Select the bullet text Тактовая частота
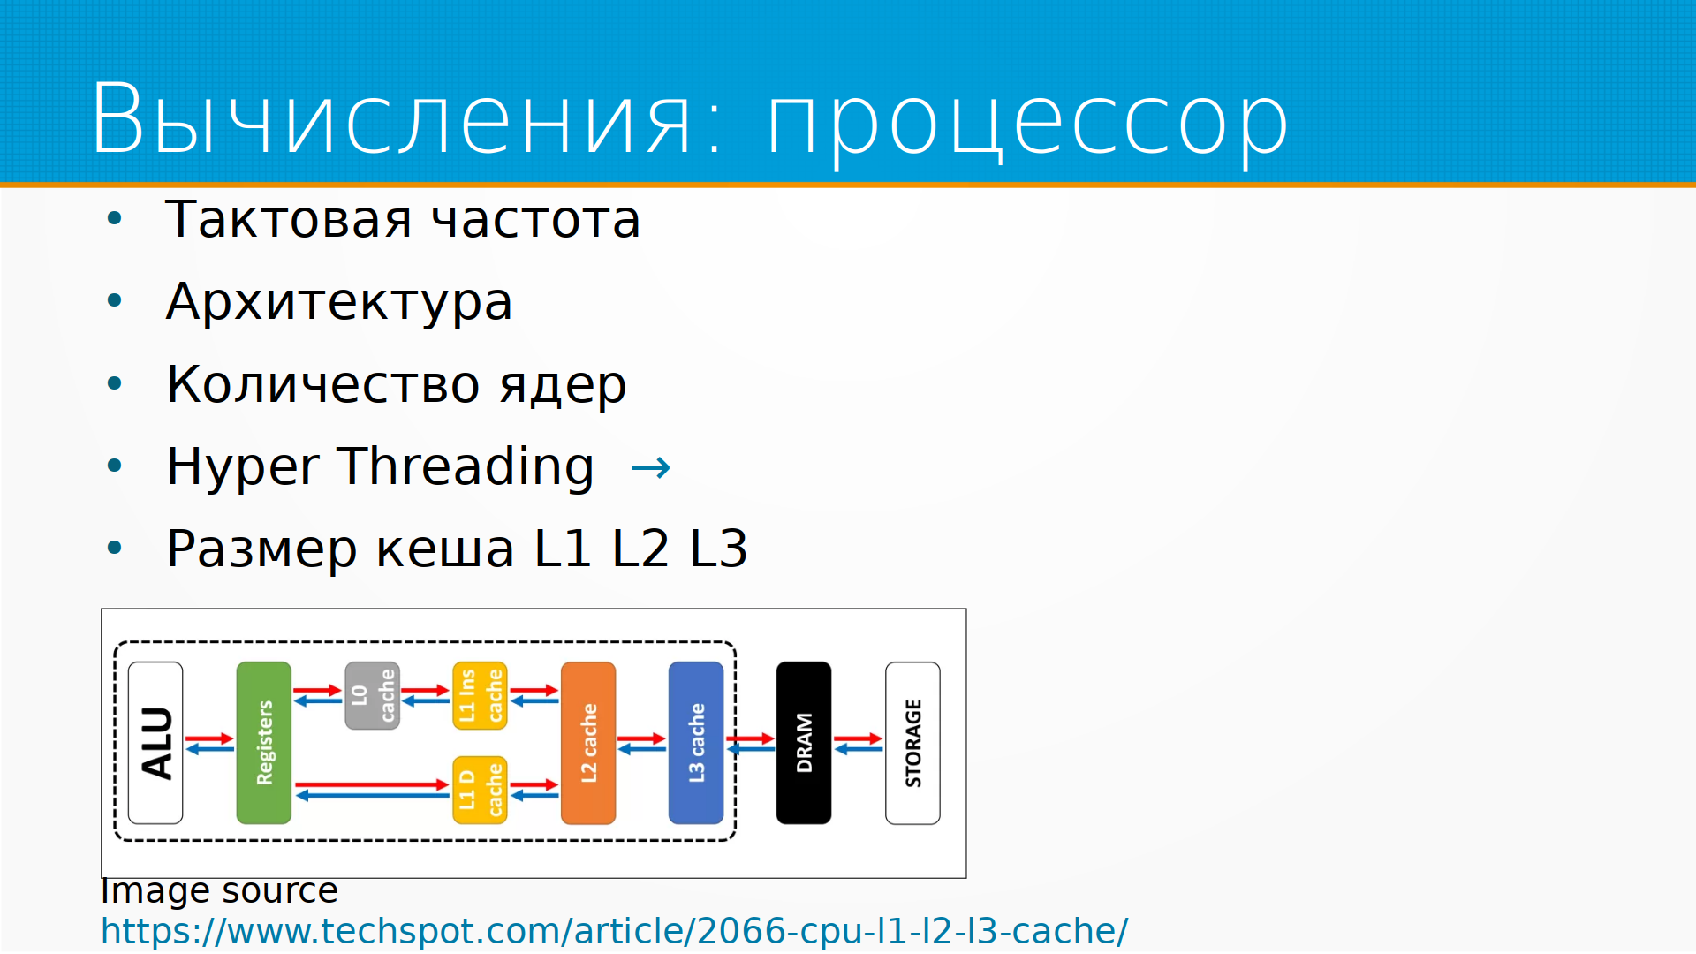[x=403, y=219]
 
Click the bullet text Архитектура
[x=339, y=303]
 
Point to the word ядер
[x=563, y=386]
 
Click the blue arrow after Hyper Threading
[x=651, y=467]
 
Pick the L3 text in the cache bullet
[x=718, y=549]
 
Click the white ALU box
[x=155, y=743]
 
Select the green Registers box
[x=264, y=743]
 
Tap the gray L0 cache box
[x=373, y=696]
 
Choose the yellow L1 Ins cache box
[x=480, y=696]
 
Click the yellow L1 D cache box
[x=480, y=790]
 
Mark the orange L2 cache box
[x=588, y=743]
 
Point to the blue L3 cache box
[x=696, y=743]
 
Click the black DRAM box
[x=804, y=743]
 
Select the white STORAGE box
[x=912, y=743]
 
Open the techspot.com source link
[x=615, y=932]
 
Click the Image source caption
[x=219, y=891]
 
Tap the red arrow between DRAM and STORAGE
[x=858, y=738]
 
